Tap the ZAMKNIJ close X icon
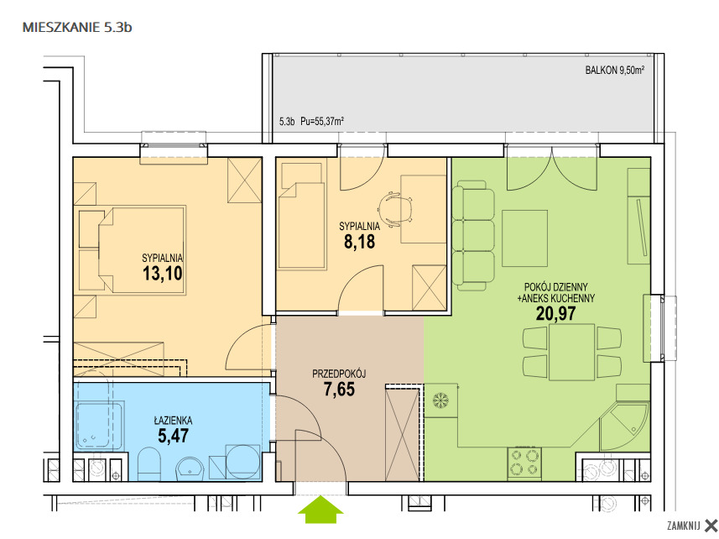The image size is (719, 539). pyautogui.click(x=711, y=526)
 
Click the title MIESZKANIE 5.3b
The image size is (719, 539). pyautogui.click(x=77, y=28)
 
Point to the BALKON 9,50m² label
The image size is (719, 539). pyautogui.click(x=614, y=71)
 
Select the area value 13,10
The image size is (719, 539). pyautogui.click(x=162, y=274)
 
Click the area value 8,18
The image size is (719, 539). pyautogui.click(x=359, y=241)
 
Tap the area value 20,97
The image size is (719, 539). pyautogui.click(x=555, y=313)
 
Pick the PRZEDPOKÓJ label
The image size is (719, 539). pyautogui.click(x=339, y=374)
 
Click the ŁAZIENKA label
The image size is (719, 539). pyautogui.click(x=173, y=420)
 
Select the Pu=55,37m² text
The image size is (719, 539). pyautogui.click(x=322, y=122)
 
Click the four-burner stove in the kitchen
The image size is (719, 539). pyautogui.click(x=525, y=463)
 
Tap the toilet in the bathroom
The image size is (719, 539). pyautogui.click(x=149, y=464)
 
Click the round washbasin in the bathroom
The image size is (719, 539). pyautogui.click(x=190, y=468)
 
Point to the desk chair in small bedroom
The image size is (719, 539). pyautogui.click(x=395, y=209)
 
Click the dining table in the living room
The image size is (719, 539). pyautogui.click(x=572, y=352)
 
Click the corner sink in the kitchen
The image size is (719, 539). pyautogui.click(x=625, y=425)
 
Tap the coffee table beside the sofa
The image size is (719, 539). pyautogui.click(x=524, y=238)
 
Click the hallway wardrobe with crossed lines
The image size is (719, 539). pyautogui.click(x=403, y=432)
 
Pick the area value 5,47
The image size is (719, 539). pyautogui.click(x=173, y=436)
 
